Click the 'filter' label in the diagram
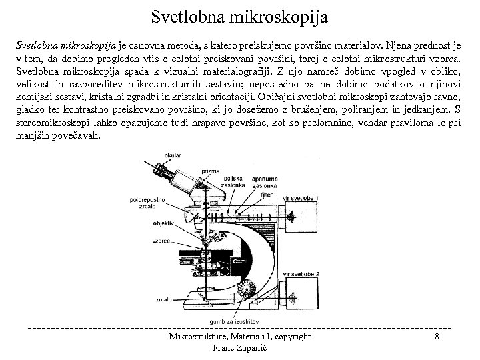click(x=267, y=195)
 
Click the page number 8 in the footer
click(x=436, y=337)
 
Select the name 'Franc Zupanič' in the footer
click(x=239, y=347)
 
